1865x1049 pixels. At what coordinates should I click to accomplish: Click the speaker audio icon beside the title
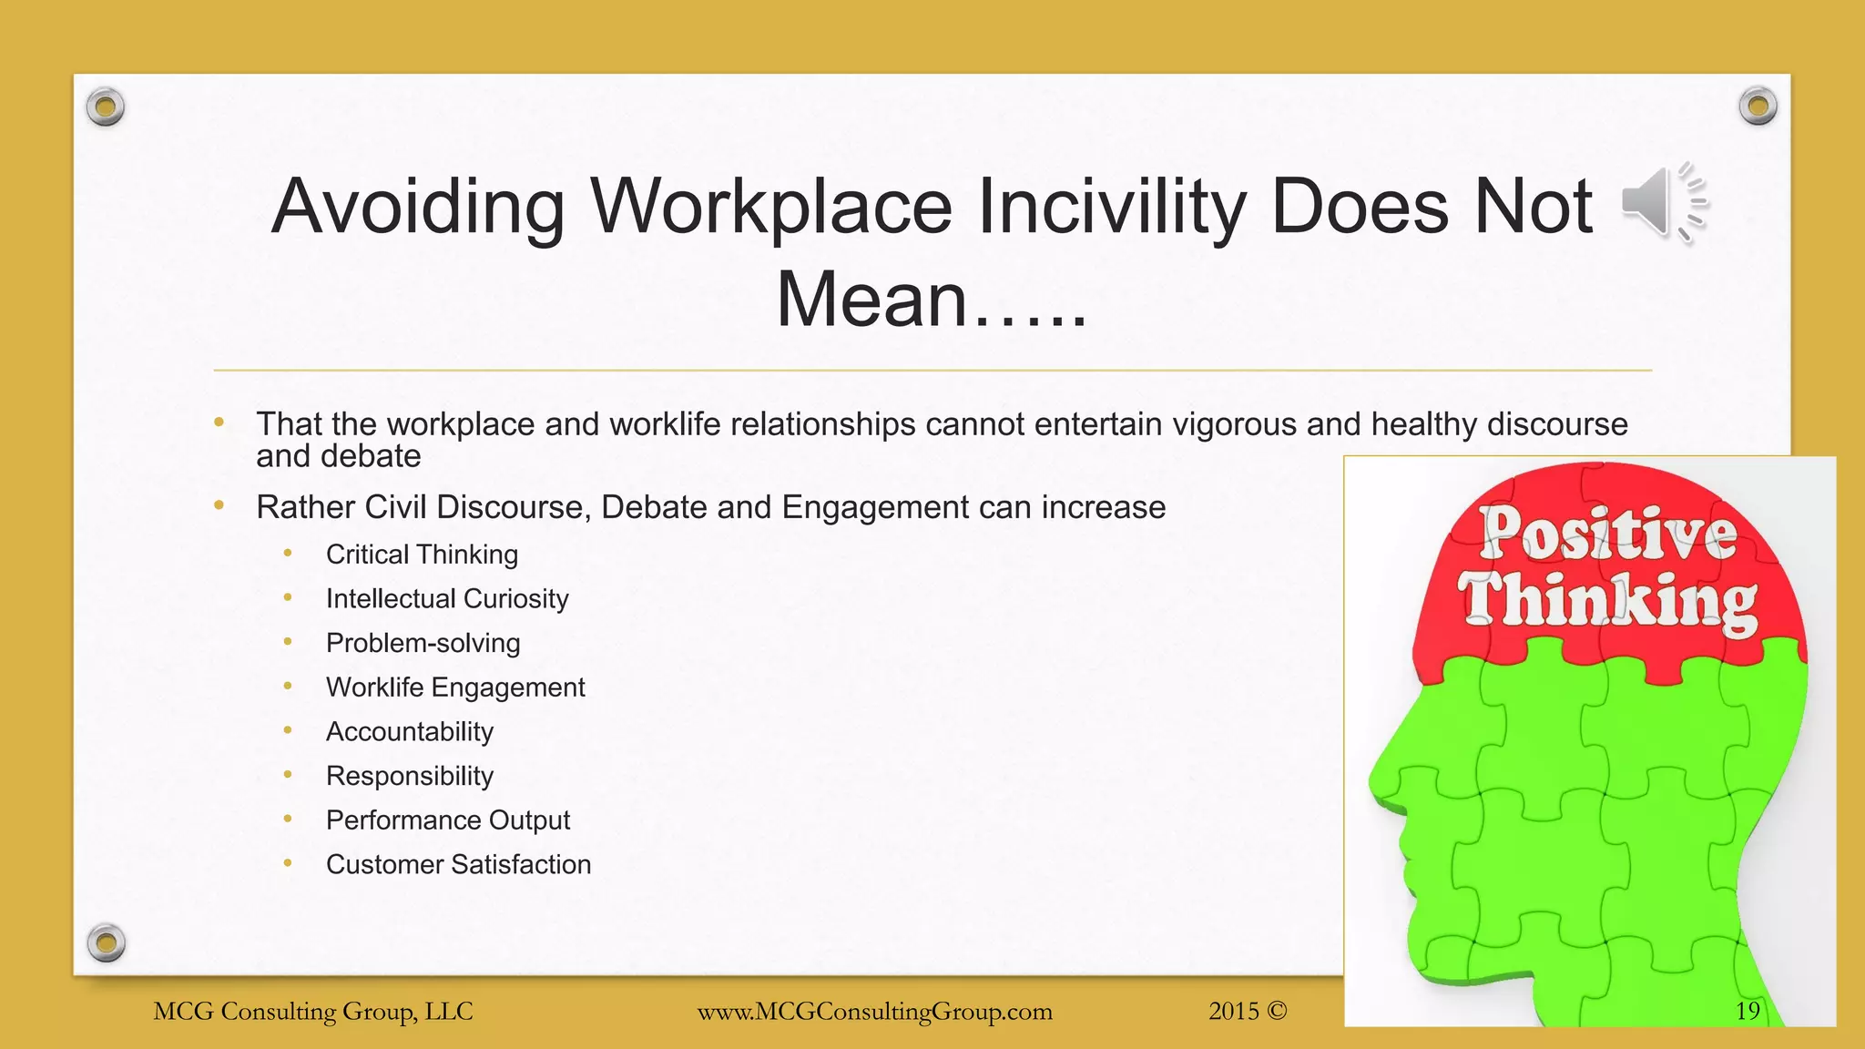1663,203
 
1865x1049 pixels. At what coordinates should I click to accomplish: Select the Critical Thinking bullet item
422,555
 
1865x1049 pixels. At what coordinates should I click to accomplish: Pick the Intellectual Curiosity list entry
447,599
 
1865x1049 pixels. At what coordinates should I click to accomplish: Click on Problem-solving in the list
423,643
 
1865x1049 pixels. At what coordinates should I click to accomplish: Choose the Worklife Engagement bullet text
455,687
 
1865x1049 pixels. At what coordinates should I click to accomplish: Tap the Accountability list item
410,732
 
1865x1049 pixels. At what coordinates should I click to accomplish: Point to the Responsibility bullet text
410,776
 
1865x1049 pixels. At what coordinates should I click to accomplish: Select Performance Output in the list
448,820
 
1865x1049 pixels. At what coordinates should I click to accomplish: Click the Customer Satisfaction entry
458,864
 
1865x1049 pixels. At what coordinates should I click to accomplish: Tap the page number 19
1748,1011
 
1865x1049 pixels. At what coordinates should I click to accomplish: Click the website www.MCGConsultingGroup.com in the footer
874,1012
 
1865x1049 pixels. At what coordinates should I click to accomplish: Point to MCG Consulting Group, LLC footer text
313,1012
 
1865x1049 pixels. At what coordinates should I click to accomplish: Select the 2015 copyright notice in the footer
1248,1011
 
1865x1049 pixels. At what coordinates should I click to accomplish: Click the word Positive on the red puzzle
1608,535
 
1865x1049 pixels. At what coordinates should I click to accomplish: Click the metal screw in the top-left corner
106,107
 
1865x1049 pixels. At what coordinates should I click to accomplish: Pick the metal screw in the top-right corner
1758,107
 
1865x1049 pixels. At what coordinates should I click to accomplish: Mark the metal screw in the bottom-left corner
107,942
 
